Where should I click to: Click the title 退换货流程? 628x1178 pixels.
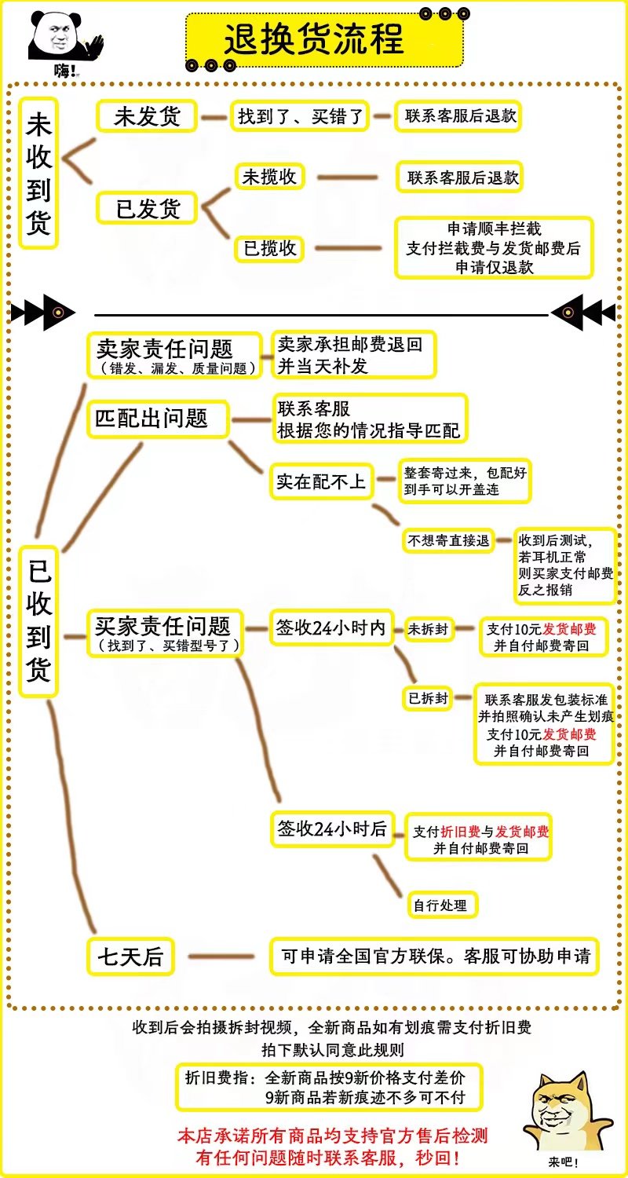314,38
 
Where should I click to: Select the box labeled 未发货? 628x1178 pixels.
147,116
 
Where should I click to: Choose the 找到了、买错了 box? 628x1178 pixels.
301,116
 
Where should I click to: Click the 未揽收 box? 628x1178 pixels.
269,177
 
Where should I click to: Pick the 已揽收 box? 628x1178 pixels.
269,248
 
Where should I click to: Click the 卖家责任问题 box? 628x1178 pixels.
175,355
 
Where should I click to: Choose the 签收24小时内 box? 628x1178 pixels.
330,627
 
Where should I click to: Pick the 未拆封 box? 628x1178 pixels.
428,628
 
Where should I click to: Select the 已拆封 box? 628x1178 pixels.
428,697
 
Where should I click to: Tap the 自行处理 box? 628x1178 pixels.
440,905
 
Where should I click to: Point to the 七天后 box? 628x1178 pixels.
130,957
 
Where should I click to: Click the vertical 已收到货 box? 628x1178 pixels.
39,620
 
